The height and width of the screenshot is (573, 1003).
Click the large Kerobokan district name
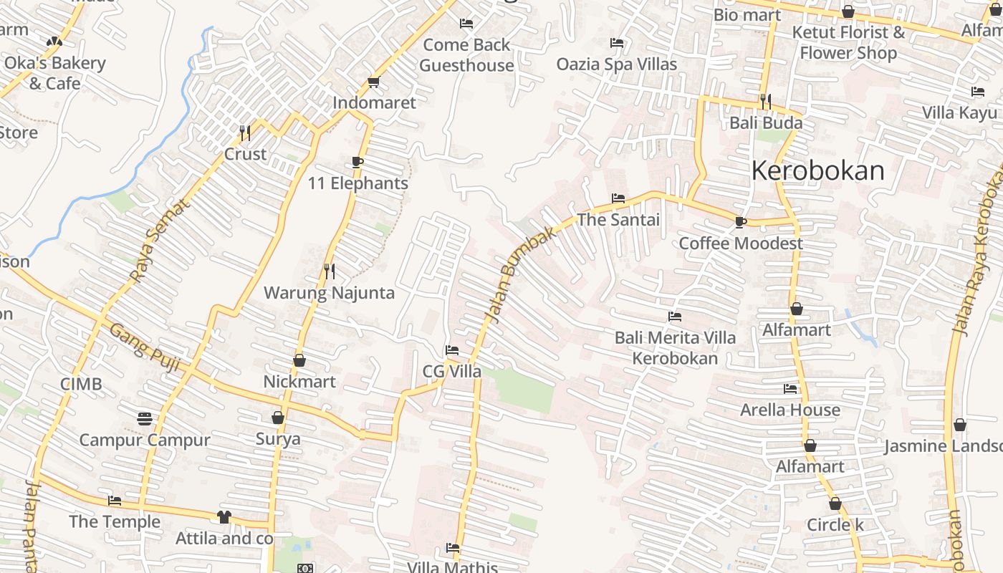click(x=817, y=170)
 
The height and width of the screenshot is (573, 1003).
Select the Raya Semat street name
click(x=160, y=239)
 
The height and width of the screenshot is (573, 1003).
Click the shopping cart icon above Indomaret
click(x=373, y=82)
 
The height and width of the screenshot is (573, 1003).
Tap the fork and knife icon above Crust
click(x=245, y=133)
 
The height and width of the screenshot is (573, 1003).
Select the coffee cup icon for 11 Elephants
click(x=357, y=163)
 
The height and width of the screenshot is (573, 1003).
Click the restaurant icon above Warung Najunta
click(x=330, y=271)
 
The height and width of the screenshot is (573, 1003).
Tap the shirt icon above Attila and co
click(x=224, y=516)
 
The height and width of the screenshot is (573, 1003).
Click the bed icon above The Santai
click(x=618, y=198)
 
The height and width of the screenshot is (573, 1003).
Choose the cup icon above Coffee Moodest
click(x=741, y=222)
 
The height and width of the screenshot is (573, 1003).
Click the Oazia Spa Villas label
click(x=617, y=64)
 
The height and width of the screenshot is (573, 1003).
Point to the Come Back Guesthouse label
click(x=466, y=55)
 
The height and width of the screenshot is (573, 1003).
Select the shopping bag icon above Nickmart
click(x=299, y=360)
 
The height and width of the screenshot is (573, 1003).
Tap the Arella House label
click(x=790, y=410)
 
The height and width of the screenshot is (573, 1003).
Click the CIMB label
click(x=81, y=384)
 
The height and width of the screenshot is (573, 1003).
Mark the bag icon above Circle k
click(x=835, y=504)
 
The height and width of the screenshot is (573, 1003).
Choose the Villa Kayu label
click(x=959, y=112)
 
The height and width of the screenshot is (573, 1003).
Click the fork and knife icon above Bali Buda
click(x=766, y=102)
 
